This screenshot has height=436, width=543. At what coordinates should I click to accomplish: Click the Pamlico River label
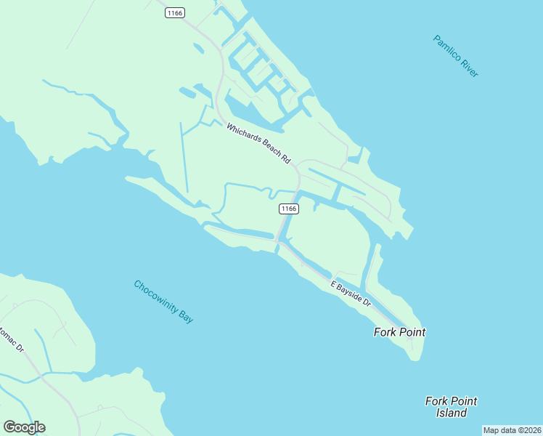[456, 56]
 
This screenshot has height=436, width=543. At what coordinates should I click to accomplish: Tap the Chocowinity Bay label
[164, 302]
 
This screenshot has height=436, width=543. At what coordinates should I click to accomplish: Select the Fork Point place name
[399, 332]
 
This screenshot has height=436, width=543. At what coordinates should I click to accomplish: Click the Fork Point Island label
[451, 407]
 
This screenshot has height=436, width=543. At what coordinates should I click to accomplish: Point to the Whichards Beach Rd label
[258, 142]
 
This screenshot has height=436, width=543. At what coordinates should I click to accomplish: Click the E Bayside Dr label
[351, 293]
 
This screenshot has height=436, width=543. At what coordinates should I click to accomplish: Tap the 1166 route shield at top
[175, 12]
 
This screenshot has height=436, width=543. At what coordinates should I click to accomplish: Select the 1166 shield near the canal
[288, 209]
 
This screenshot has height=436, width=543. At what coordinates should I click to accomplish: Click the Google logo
[24, 427]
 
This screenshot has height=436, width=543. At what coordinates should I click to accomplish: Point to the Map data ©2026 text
[513, 430]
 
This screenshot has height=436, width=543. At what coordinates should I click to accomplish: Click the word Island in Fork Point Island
[451, 413]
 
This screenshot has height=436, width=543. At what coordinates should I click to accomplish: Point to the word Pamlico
[447, 48]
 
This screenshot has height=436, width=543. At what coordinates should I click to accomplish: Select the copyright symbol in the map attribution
[520, 430]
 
